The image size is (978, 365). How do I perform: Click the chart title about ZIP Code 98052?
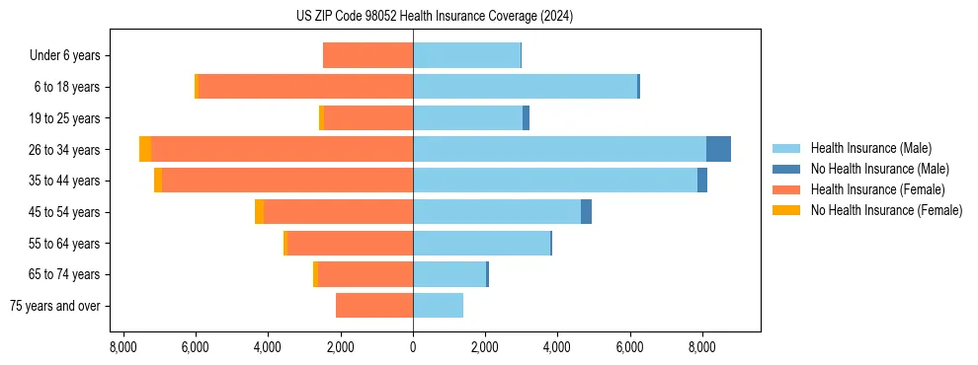(434, 16)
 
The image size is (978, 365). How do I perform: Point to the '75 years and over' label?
(55, 306)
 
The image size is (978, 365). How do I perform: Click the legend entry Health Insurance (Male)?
(870, 148)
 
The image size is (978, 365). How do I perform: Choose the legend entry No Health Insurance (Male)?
(879, 169)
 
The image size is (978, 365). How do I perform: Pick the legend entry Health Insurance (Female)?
(877, 189)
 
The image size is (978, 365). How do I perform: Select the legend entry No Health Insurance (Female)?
(886, 210)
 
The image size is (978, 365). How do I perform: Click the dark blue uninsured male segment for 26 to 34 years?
(718, 149)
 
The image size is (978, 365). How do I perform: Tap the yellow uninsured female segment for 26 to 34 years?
(145, 149)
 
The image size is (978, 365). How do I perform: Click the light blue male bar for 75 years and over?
(438, 306)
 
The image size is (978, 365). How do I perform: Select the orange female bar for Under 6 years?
(367, 55)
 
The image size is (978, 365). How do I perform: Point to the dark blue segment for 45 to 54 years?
(586, 212)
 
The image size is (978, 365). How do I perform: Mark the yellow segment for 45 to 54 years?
(259, 212)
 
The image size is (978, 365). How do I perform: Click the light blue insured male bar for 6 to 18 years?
(525, 87)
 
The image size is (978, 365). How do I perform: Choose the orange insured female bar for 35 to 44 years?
(286, 181)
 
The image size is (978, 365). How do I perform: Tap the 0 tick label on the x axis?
(413, 347)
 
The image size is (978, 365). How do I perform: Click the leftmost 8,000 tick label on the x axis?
(122, 347)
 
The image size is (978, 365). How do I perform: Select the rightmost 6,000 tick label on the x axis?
(630, 347)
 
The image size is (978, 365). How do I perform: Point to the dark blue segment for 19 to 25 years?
(526, 118)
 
